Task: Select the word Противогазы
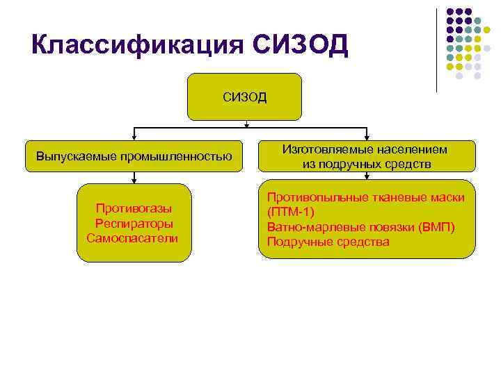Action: pyautogui.click(x=134, y=208)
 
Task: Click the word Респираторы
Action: pyautogui.click(x=134, y=223)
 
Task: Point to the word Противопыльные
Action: pyautogui.click(x=313, y=197)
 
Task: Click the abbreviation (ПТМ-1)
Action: pyautogui.click(x=291, y=212)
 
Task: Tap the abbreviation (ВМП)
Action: pyautogui.click(x=437, y=227)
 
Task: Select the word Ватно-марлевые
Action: pyautogui.click(x=310, y=227)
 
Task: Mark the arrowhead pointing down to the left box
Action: pyautogui.click(x=134, y=139)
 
